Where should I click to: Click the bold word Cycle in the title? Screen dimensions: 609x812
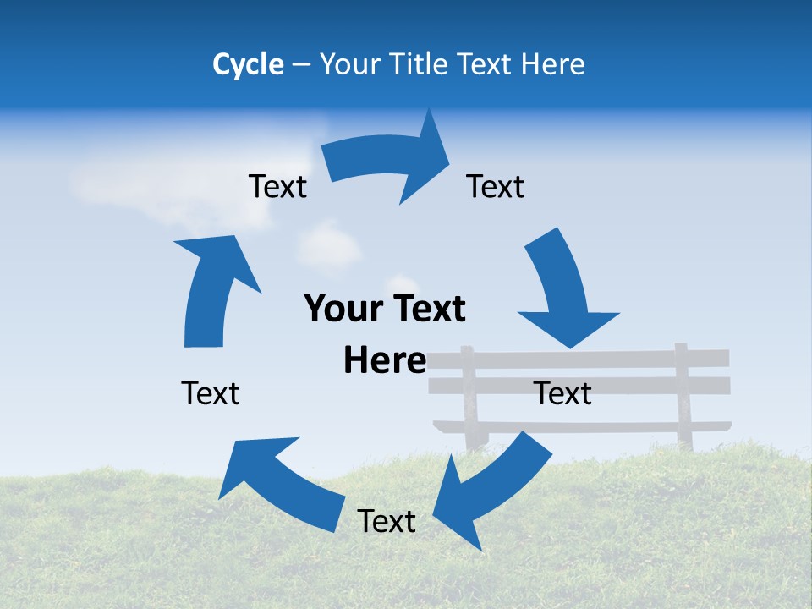(248, 64)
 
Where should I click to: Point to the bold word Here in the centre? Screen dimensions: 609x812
(385, 360)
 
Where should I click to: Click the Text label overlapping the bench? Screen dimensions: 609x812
(563, 393)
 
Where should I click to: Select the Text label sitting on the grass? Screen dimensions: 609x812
(387, 521)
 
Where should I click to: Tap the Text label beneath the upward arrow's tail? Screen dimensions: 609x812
(211, 393)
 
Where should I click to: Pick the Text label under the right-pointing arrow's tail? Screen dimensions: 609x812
(277, 186)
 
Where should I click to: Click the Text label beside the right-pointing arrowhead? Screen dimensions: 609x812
(496, 186)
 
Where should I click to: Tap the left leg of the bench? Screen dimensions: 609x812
(469, 398)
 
